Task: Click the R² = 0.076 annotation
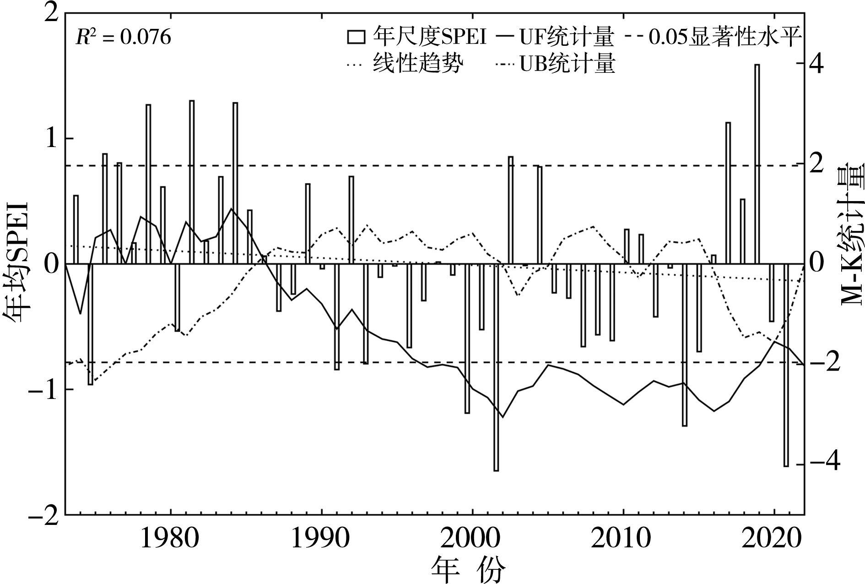123,37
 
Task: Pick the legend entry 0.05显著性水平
725,37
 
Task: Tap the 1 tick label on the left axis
52,138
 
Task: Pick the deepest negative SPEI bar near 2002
496,367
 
